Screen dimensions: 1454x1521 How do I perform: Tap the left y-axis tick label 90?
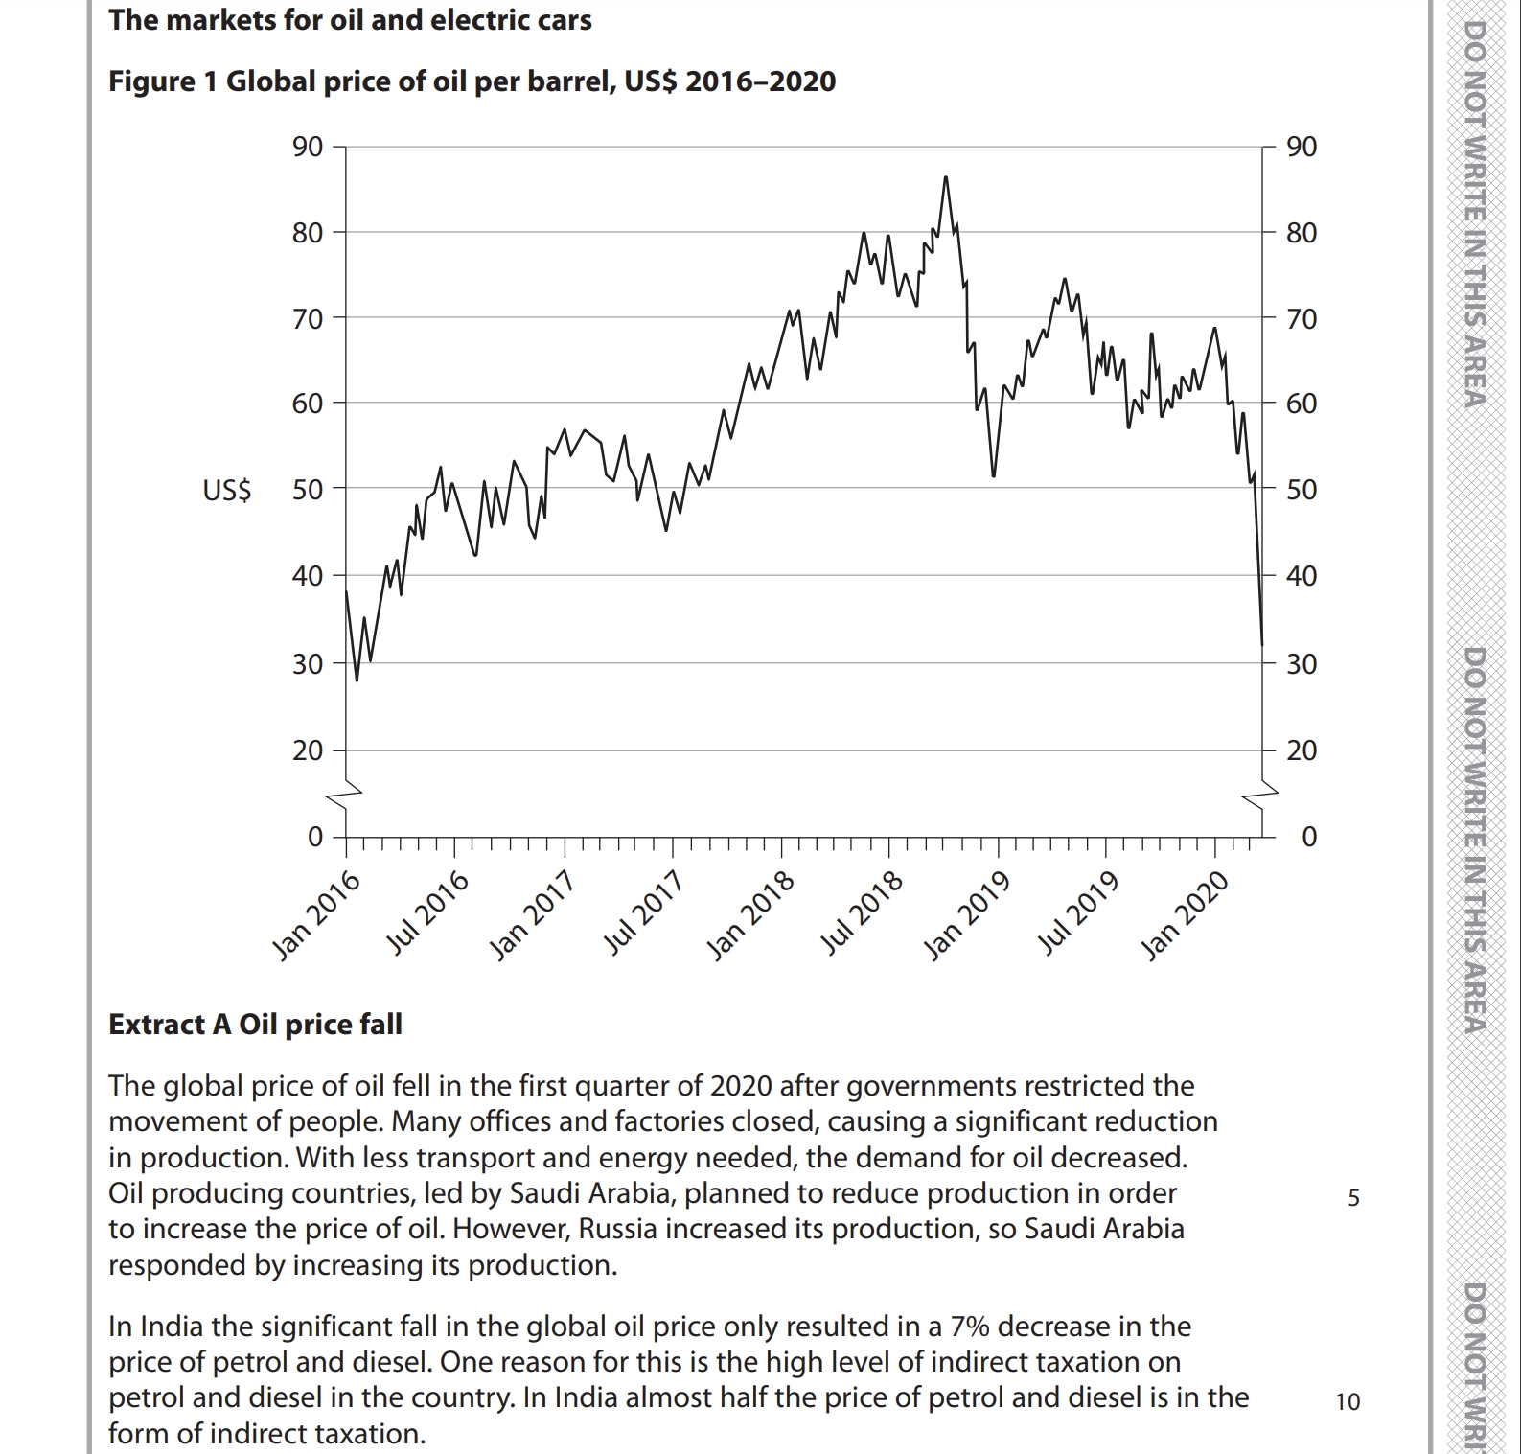click(x=308, y=147)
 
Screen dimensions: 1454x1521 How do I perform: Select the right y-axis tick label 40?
click(x=1301, y=576)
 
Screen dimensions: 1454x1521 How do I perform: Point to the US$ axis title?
click(x=227, y=491)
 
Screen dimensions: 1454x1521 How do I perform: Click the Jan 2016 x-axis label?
click(x=317, y=914)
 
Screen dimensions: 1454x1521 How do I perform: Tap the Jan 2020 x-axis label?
click(x=1185, y=914)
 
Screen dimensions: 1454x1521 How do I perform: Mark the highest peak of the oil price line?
click(x=945, y=177)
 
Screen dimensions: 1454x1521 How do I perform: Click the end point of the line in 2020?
click(x=1261, y=644)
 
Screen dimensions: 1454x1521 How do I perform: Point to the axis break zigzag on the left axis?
click(x=345, y=794)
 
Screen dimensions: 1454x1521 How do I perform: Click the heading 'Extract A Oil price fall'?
click(x=255, y=1025)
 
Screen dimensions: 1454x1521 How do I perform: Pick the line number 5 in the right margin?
click(x=1353, y=1198)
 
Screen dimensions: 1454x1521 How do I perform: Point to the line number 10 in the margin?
click(x=1348, y=1402)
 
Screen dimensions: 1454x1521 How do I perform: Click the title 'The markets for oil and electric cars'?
click(x=350, y=20)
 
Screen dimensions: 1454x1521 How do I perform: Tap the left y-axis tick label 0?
click(x=314, y=837)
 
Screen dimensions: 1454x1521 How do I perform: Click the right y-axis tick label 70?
click(x=1301, y=318)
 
